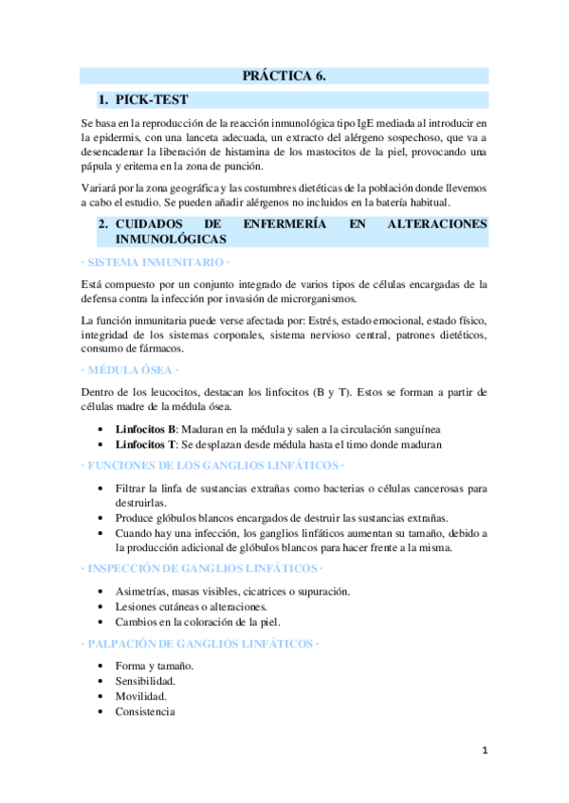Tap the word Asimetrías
coord(144,591)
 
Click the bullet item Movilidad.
coord(141,696)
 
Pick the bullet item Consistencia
coord(145,711)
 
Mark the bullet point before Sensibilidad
coord(102,681)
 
